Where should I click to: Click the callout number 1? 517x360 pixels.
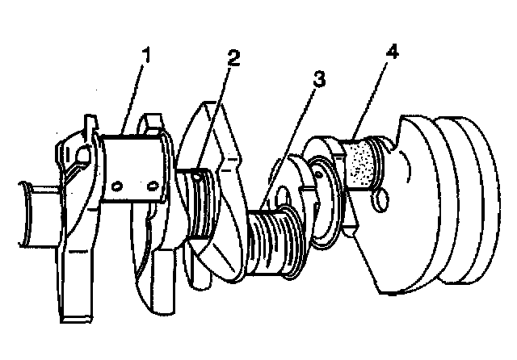tap(146, 55)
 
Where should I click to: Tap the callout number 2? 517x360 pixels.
tap(233, 58)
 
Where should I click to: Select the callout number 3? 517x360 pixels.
tap(318, 79)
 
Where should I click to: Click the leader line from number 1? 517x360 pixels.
tap(132, 99)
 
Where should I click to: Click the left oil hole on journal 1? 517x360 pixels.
tap(117, 186)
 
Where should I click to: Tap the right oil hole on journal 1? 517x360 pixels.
tap(152, 186)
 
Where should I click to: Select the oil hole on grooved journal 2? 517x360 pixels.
tap(196, 177)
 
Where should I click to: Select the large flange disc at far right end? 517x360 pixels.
tap(469, 199)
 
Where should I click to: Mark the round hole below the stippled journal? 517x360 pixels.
tap(380, 200)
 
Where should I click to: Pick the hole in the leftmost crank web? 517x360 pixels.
tap(83, 154)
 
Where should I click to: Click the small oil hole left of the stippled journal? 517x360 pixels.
tap(318, 174)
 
